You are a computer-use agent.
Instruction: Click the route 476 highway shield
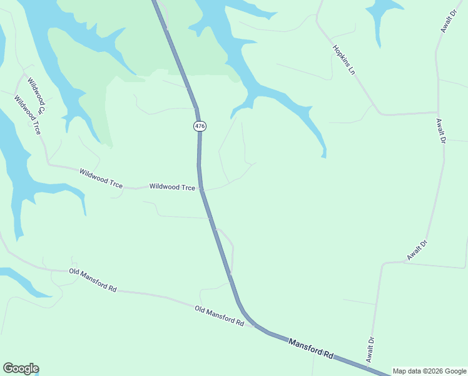(200, 126)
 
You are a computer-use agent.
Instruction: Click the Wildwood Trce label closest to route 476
(172, 187)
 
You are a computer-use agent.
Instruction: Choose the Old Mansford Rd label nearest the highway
(219, 316)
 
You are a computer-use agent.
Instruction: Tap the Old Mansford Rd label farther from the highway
(93, 280)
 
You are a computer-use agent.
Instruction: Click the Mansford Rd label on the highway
(310, 348)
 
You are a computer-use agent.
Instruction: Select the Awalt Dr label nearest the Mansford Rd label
(370, 350)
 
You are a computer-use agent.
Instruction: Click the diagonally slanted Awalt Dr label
(417, 250)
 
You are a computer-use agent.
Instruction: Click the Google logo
(21, 368)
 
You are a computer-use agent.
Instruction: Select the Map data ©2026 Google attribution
(429, 371)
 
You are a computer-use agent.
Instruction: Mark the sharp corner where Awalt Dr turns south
(383, 263)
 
